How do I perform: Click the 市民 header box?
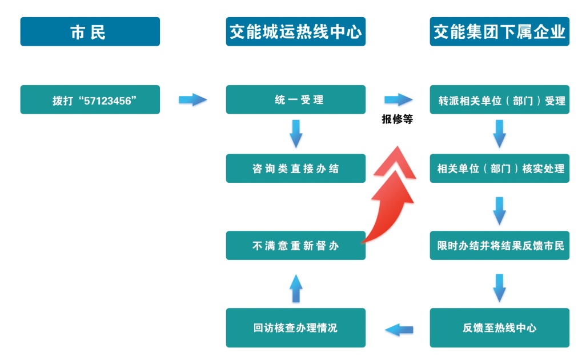90,31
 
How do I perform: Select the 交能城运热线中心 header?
295,31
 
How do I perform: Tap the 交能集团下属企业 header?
499,31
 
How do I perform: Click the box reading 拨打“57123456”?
90,100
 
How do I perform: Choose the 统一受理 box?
295,100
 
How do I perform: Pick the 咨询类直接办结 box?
295,169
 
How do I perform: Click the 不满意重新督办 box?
295,246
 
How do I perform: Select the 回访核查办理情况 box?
295,328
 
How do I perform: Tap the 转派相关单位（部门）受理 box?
499,100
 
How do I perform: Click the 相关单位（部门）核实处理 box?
499,169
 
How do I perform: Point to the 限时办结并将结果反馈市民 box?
499,246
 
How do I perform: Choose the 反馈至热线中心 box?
499,328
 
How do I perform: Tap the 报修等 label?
397,120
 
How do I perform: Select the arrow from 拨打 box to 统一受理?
192,100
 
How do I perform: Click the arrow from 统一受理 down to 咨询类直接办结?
296,133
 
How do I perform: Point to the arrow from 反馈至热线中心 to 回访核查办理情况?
399,329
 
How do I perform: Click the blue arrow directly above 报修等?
398,100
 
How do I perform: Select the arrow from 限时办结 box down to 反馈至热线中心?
499,287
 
